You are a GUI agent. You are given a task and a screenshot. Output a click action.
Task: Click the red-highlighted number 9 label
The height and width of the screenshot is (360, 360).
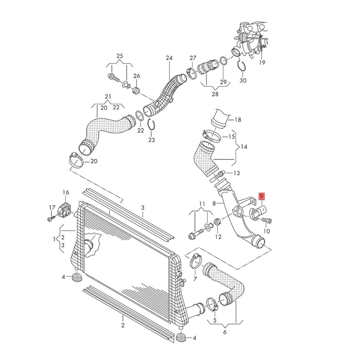[x=262, y=196]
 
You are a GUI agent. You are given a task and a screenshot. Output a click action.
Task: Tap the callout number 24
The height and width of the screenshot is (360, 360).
[x=169, y=58]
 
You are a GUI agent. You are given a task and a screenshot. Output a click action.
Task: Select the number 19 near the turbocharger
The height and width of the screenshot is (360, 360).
[x=262, y=62]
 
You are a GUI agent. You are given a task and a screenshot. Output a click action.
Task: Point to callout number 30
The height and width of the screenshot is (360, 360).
[x=243, y=80]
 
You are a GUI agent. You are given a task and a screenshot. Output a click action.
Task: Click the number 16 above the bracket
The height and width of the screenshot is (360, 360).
[x=66, y=192]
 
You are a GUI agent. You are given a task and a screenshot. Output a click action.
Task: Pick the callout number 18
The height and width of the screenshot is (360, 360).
[x=238, y=120]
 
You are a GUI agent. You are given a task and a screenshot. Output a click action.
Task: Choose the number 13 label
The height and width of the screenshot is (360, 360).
[x=236, y=173]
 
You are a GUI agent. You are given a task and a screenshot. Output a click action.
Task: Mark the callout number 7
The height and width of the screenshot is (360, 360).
[x=195, y=279]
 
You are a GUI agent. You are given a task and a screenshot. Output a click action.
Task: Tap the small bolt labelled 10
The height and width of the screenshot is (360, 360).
[x=267, y=221]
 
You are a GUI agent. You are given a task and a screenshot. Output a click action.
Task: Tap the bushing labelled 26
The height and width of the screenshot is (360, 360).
[x=136, y=90]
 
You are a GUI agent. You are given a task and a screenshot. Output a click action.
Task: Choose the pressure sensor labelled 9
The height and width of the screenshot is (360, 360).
[x=258, y=212]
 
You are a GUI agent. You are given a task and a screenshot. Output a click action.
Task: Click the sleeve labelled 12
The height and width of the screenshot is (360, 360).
[x=218, y=222]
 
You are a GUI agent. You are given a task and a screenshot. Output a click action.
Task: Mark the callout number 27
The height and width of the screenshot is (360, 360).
[x=193, y=58]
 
